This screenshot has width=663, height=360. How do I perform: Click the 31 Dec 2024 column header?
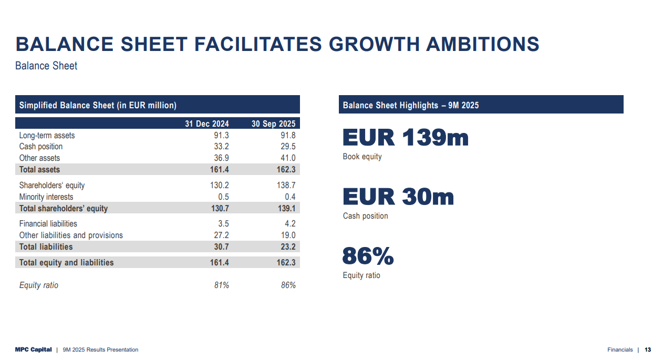pyautogui.click(x=206, y=124)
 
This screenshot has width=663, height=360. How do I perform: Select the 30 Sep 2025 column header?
pyautogui.click(x=273, y=124)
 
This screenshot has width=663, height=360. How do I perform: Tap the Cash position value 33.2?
pyautogui.click(x=221, y=147)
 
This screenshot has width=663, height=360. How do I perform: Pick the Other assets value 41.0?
pyautogui.click(x=288, y=158)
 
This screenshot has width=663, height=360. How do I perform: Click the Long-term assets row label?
pyautogui.click(x=47, y=136)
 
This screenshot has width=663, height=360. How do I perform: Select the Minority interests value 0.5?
pyautogui.click(x=223, y=197)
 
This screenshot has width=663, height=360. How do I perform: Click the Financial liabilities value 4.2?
pyautogui.click(x=290, y=224)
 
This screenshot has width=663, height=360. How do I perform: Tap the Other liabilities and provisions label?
pyautogui.click(x=71, y=235)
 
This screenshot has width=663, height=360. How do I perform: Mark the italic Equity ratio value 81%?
pyautogui.click(x=221, y=285)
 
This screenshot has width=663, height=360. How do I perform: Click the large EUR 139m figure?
pyautogui.click(x=405, y=138)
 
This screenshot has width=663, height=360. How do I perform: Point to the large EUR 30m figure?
pyautogui.click(x=398, y=197)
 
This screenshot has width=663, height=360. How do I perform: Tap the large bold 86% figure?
pyautogui.click(x=368, y=256)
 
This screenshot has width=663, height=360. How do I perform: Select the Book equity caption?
pyautogui.click(x=362, y=157)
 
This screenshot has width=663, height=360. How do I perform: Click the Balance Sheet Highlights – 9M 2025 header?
pyautogui.click(x=411, y=105)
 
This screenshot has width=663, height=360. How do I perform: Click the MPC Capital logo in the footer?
pyautogui.click(x=34, y=350)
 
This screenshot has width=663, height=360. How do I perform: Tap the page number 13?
pyautogui.click(x=648, y=350)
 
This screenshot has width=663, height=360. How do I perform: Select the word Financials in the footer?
pyautogui.click(x=620, y=350)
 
